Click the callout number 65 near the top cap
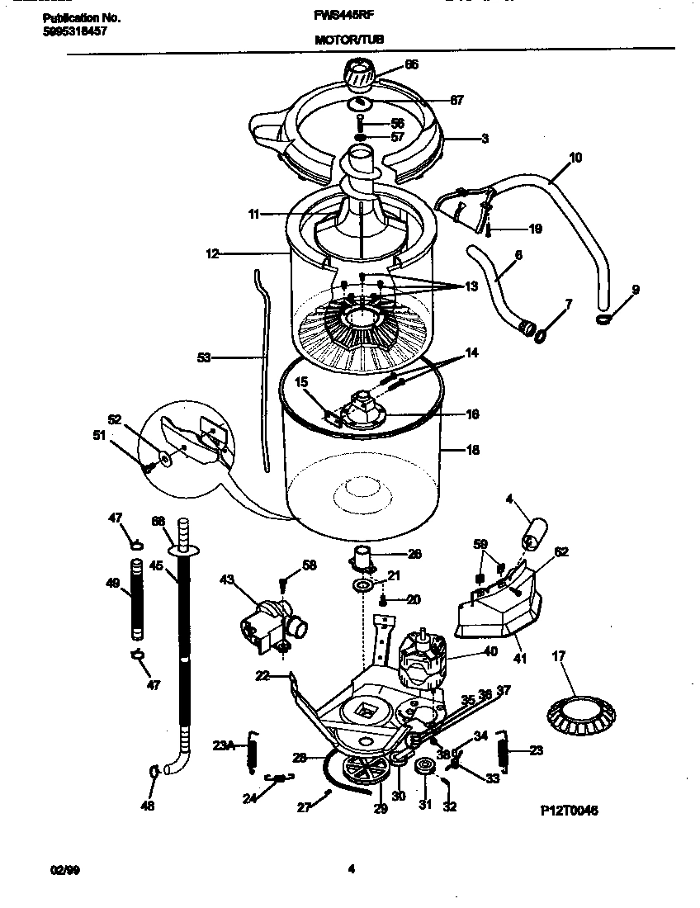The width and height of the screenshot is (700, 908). [410, 64]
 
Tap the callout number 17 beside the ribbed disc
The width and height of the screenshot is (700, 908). [559, 658]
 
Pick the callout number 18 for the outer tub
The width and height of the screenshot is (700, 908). [474, 451]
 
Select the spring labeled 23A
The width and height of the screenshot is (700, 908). [255, 750]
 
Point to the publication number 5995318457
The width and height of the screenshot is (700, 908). [73, 31]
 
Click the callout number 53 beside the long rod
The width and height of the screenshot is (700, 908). [203, 358]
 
